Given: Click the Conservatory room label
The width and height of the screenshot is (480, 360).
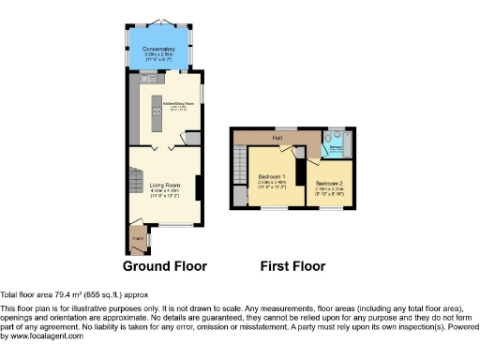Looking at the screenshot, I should [x=158, y=48].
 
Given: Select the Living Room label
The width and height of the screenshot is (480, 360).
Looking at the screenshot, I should [x=164, y=186].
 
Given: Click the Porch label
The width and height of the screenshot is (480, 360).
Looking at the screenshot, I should [x=138, y=239].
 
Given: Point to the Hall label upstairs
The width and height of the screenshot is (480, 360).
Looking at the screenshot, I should [x=277, y=137].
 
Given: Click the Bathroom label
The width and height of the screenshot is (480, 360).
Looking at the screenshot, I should [x=335, y=147].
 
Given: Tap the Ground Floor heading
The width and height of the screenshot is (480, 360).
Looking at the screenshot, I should [x=165, y=266].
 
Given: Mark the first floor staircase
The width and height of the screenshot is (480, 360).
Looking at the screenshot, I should [x=240, y=169].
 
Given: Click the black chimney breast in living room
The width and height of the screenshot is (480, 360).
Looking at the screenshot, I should [x=197, y=187].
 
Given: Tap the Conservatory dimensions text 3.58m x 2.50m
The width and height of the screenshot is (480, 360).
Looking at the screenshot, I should [x=158, y=54].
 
